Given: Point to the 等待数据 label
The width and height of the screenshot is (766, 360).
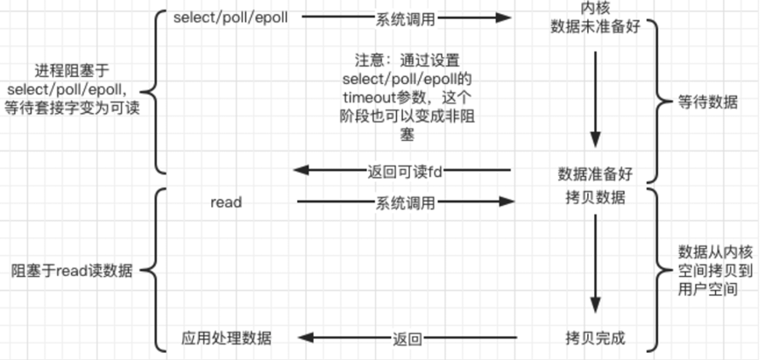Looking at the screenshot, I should (708, 102).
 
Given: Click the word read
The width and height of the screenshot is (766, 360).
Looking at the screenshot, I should (226, 202).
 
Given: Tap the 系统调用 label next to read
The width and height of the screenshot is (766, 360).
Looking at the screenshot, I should (405, 202).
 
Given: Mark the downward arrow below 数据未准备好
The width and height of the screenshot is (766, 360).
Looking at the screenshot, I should (595, 96).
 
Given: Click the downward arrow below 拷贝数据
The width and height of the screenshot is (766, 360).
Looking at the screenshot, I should (596, 263).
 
